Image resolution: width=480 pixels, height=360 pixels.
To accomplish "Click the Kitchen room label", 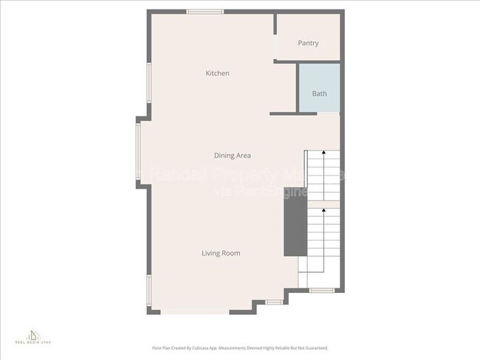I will pos(217,73).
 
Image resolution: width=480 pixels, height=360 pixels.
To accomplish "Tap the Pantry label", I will pos(308,43).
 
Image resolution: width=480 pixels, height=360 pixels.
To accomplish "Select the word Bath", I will pos(319,94).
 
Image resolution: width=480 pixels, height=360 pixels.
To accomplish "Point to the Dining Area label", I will pos(232,156).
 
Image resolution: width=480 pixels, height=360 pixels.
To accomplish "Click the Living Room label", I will pos(221,253).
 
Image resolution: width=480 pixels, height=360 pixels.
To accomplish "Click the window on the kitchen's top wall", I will pos(205,12).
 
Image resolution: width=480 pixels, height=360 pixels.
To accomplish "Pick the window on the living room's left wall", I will pos(149,290).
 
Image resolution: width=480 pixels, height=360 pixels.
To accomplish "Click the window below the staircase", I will pos(322,290).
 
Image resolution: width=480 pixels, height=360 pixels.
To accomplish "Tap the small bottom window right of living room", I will pos(274,302).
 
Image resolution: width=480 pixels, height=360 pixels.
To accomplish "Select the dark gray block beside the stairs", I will pos(295,229).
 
